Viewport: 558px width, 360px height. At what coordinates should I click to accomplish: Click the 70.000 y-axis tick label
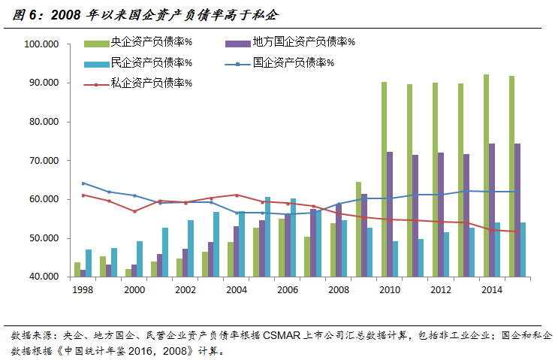(x=44, y=161)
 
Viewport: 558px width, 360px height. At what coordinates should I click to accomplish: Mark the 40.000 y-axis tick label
(x=44, y=277)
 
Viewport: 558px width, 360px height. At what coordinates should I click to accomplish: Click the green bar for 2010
(x=384, y=180)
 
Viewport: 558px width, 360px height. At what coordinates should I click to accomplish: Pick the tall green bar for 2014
(x=486, y=177)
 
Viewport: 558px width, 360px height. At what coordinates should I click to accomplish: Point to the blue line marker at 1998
(x=83, y=183)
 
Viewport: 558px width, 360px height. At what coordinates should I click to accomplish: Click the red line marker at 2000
(x=134, y=211)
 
